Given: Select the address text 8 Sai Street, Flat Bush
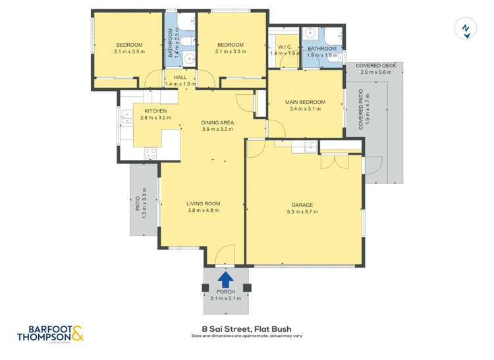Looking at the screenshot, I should (x=246, y=328).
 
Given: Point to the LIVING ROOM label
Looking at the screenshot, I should (x=204, y=203).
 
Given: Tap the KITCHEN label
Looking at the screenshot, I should (x=155, y=111).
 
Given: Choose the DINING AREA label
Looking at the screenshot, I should (x=217, y=122).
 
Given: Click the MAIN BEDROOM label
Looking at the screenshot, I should (x=305, y=102).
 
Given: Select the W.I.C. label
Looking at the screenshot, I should (x=285, y=47).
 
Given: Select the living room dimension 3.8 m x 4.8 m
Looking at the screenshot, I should (x=204, y=211).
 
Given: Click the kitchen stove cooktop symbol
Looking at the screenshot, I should (x=150, y=153).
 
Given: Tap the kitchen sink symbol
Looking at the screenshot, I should (x=126, y=117).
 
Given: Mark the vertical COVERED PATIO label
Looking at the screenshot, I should (x=361, y=109).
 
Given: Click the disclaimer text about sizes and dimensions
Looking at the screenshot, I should (x=246, y=336).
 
